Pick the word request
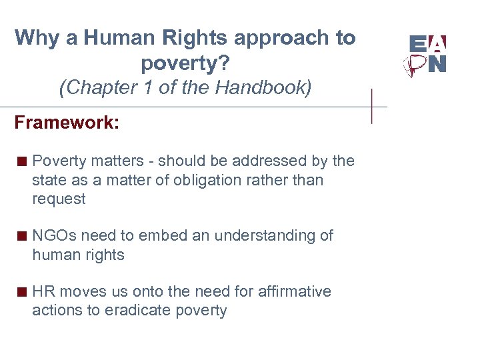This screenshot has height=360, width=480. pyautogui.click(x=59, y=199)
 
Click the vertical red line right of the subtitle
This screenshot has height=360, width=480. pyautogui.click(x=372, y=105)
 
